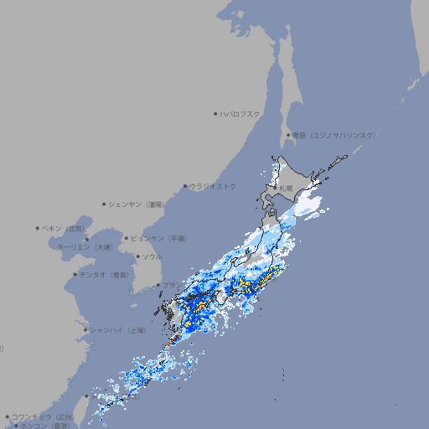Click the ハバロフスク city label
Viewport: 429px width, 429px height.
coord(240,113)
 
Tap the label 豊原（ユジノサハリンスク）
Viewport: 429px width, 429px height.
coord(333,135)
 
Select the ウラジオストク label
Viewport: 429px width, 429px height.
coord(213,186)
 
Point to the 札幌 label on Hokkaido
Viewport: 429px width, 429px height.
coord(287,188)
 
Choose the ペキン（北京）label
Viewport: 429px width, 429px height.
coord(64,228)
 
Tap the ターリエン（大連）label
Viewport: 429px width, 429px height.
coord(84,247)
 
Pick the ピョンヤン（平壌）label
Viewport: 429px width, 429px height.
coord(158,238)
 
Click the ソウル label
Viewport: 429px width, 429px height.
coord(152,256)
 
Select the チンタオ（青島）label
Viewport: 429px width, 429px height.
coord(105,274)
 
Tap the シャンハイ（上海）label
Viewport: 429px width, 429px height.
coord(117,330)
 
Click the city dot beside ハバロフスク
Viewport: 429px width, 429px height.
coord(215,113)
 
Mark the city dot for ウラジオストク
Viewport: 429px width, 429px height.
coord(185,186)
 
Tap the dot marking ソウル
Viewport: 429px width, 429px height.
coord(137,256)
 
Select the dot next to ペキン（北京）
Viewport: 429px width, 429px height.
coord(38,228)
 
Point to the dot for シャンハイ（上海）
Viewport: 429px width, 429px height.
coord(85,330)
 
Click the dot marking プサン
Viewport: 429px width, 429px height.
coord(158,285)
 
